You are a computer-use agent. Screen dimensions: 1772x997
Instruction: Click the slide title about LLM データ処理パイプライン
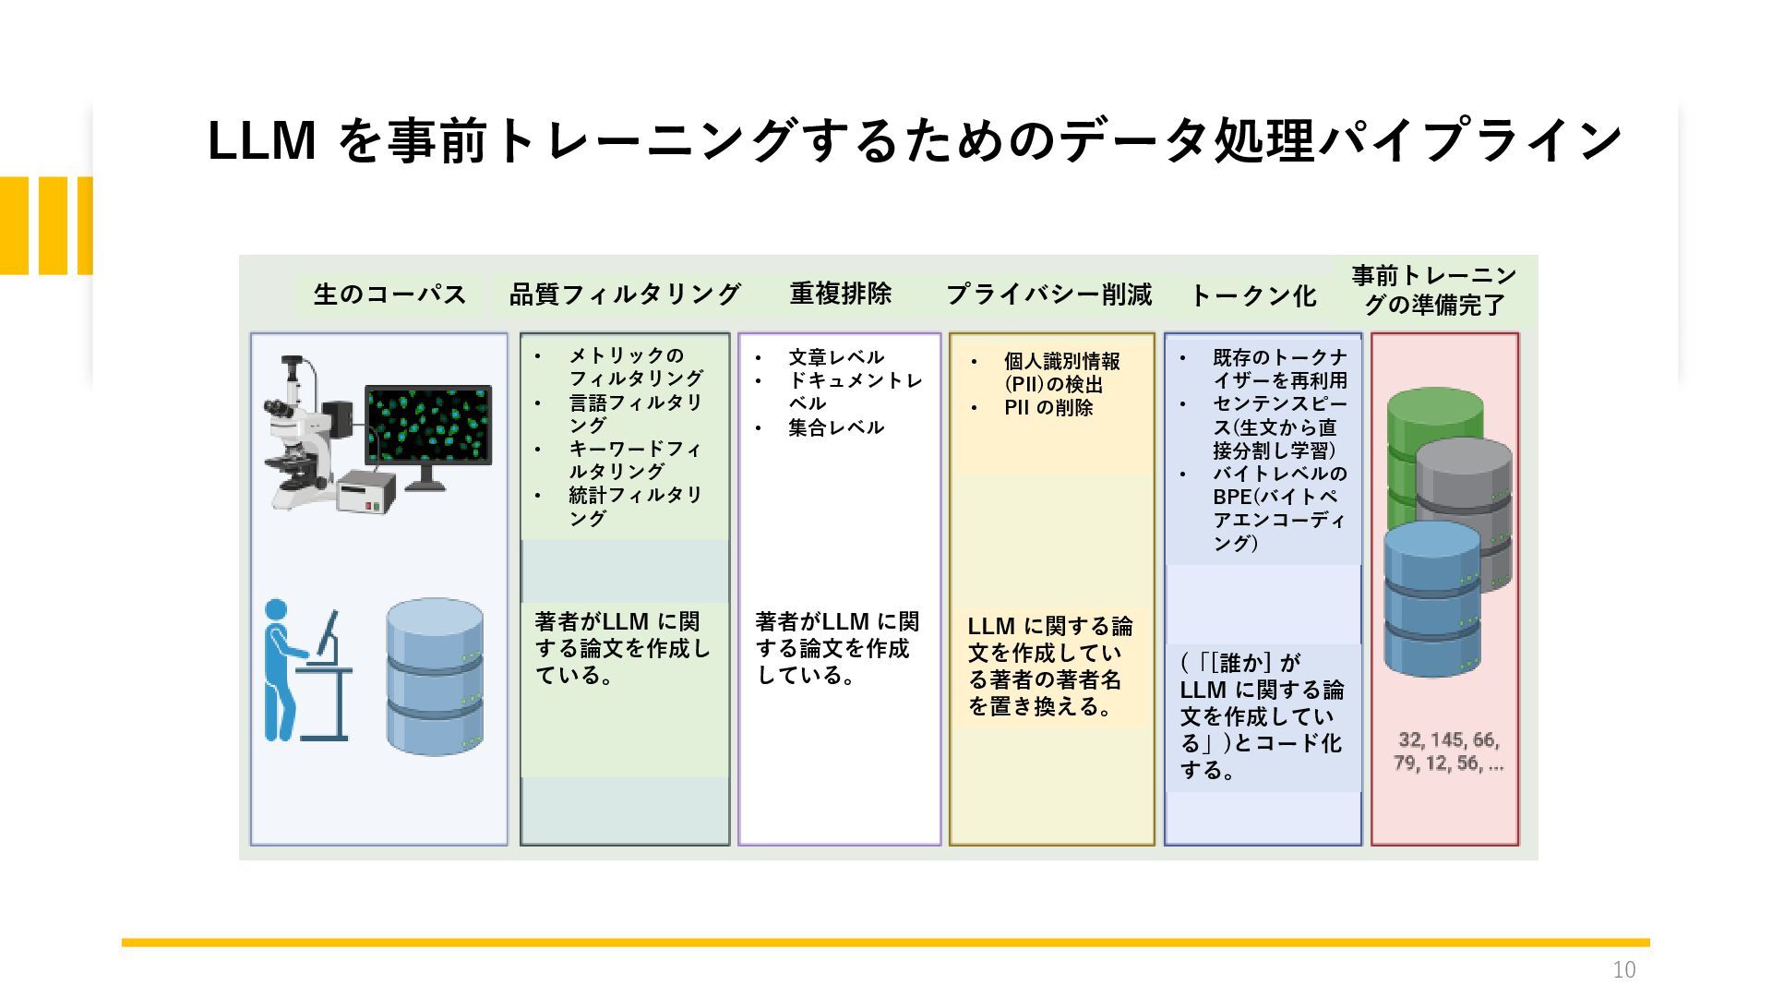click(x=915, y=141)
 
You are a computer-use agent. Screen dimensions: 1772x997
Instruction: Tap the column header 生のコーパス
click(x=389, y=294)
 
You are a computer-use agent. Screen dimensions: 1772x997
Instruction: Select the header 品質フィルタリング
click(x=625, y=294)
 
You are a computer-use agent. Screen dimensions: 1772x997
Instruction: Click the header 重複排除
click(x=840, y=294)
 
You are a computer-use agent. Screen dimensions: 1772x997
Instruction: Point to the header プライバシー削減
click(x=1048, y=294)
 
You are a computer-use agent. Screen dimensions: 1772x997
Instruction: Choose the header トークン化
click(x=1252, y=295)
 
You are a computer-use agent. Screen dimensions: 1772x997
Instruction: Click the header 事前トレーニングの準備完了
click(x=1434, y=290)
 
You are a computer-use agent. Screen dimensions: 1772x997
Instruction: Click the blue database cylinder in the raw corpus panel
click(x=435, y=677)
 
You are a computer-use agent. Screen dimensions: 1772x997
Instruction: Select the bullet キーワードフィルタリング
click(x=635, y=460)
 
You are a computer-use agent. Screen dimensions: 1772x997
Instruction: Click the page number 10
click(x=1624, y=969)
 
